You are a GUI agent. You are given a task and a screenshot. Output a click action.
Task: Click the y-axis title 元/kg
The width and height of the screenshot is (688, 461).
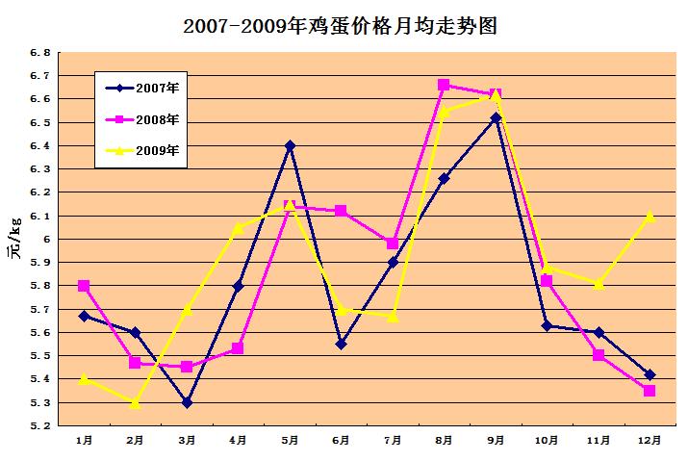(15, 239)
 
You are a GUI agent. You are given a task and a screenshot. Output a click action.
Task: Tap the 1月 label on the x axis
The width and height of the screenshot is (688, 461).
(85, 440)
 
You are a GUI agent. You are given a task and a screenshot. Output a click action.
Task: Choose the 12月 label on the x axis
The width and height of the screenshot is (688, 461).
(650, 440)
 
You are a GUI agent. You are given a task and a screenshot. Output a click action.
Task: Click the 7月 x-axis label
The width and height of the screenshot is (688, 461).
(393, 440)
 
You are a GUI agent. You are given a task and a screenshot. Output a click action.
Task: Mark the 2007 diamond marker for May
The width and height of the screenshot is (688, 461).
(290, 145)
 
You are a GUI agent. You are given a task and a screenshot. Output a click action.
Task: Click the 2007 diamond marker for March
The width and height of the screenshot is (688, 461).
(187, 402)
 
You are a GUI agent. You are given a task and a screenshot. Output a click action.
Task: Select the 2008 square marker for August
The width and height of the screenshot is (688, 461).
(444, 85)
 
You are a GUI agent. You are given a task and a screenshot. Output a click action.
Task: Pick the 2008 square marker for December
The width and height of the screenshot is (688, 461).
(650, 391)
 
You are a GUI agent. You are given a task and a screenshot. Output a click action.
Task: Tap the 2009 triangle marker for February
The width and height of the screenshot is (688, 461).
(136, 402)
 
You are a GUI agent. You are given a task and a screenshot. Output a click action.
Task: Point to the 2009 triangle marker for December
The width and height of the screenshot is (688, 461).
(650, 216)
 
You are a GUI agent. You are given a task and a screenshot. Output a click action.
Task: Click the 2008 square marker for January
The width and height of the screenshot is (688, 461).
(85, 286)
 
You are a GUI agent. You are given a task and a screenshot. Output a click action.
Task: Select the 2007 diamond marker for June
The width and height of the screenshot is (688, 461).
(342, 344)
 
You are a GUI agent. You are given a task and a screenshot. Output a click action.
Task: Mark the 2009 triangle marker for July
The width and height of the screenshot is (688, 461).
(393, 316)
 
